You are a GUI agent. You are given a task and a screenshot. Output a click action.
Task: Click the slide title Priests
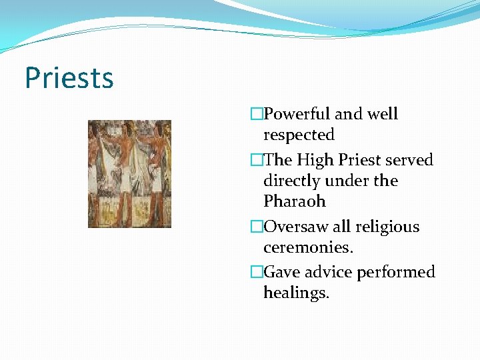(x=69, y=78)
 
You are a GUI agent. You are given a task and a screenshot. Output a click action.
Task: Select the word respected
(x=299, y=135)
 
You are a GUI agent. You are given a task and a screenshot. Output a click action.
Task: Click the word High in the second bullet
(x=317, y=161)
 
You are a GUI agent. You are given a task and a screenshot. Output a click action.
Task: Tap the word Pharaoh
(x=295, y=201)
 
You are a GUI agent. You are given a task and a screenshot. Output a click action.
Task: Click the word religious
(x=383, y=227)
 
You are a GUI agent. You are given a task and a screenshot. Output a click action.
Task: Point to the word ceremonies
(x=307, y=247)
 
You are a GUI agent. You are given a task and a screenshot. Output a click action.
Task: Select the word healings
(x=296, y=293)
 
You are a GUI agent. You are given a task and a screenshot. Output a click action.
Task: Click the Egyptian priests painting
(x=129, y=173)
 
